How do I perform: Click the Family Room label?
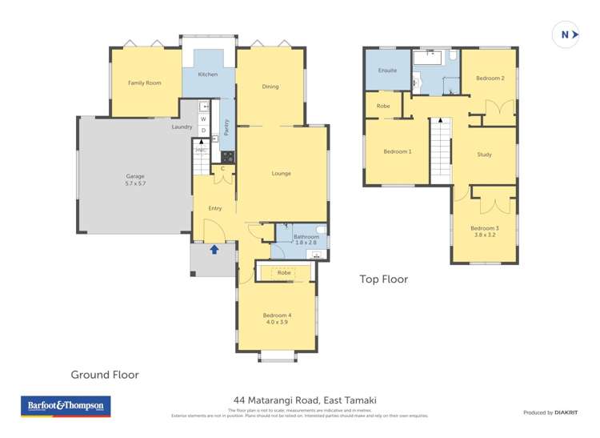145,82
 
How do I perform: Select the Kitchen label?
208,74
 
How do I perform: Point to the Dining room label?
270,86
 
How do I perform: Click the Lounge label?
281,174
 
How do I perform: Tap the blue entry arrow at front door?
214,249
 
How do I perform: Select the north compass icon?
566,35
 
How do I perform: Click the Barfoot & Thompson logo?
66,406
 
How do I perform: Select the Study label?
484,155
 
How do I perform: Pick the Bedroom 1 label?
398,151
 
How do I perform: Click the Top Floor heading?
382,279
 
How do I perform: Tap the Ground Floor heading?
105,374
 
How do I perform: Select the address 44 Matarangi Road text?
305,400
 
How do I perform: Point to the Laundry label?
182,127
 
